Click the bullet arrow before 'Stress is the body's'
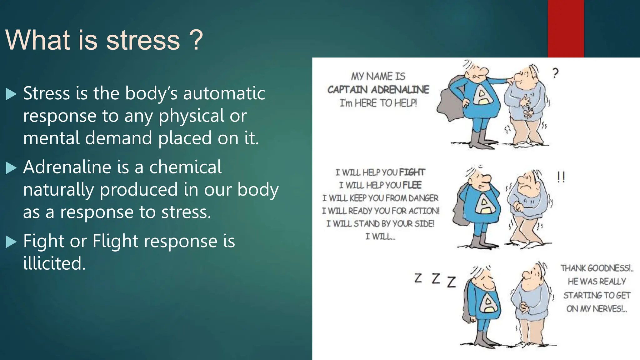click(11, 94)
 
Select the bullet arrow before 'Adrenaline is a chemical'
click(11, 168)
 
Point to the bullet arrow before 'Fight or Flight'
click(11, 242)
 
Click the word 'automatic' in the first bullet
click(224, 93)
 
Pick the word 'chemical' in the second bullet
click(185, 167)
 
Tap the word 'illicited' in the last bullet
click(54, 263)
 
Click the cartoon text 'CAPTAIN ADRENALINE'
click(378, 90)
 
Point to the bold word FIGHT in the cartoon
click(412, 172)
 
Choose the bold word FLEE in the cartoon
click(412, 185)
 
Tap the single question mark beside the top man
click(555, 73)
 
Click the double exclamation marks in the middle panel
click(561, 177)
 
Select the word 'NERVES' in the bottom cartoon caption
click(607, 309)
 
